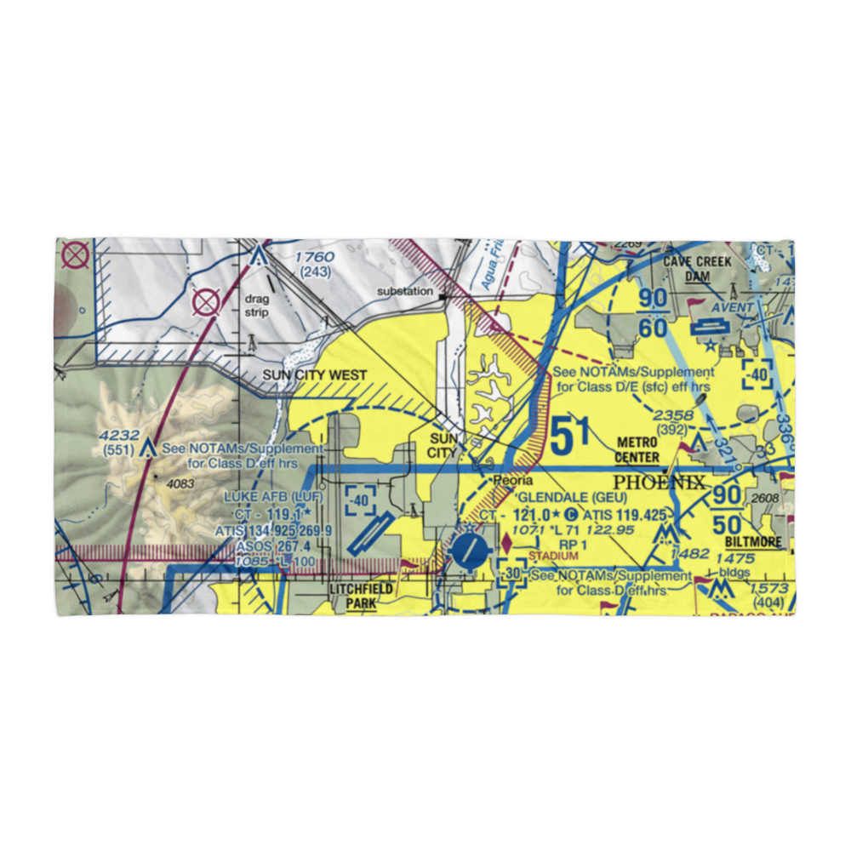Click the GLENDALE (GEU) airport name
tap(572, 497)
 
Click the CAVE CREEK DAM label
tap(698, 268)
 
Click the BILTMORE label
tap(754, 541)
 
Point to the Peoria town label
tap(514, 482)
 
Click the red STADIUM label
tap(546, 556)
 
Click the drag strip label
tap(257, 306)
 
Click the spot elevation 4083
tap(180, 484)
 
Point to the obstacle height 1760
tap(315, 257)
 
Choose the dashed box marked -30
tap(511, 576)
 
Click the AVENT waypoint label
tap(733, 307)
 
